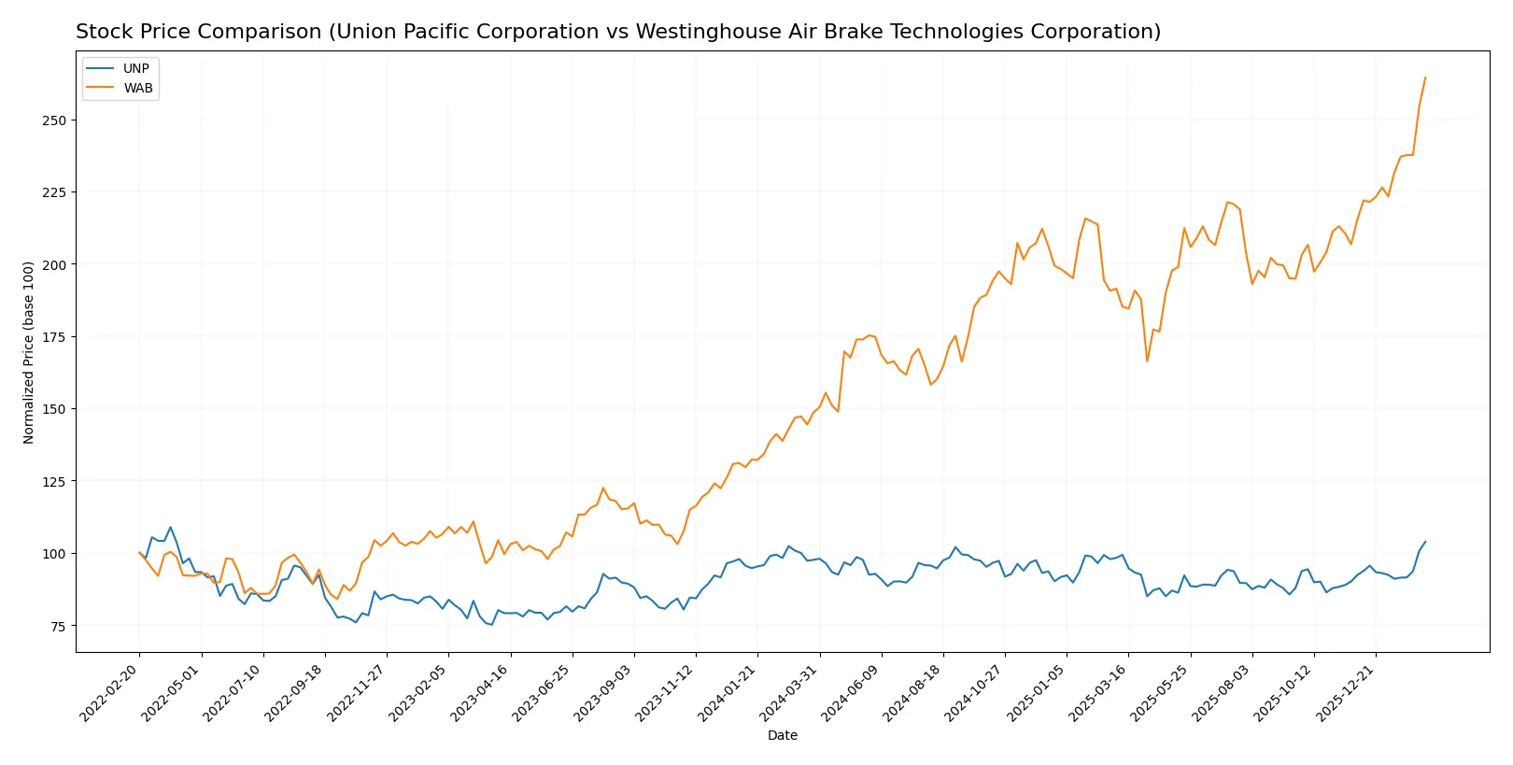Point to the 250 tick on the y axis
[54, 120]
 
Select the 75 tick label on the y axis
[58, 626]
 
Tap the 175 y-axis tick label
[54, 337]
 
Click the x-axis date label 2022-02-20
[111, 692]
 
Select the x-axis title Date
[782, 735]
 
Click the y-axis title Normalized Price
[29, 352]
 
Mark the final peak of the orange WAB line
[1425, 78]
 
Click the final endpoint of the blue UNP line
[1425, 542]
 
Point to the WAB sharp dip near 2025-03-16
[1147, 361]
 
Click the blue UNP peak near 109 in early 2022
[170, 527]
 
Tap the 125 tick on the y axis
[54, 482]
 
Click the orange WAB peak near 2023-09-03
[603, 488]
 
